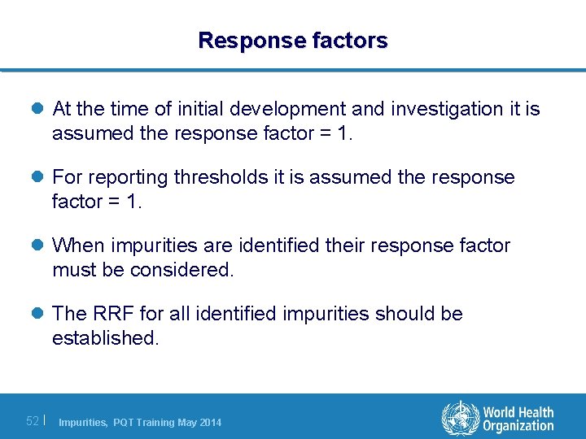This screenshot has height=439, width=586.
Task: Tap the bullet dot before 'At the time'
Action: (x=39, y=109)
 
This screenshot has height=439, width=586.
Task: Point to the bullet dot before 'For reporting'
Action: (x=39, y=177)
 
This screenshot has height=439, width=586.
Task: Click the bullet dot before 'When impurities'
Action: (x=39, y=246)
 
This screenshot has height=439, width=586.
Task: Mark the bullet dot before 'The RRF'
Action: (x=39, y=314)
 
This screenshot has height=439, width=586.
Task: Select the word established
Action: (x=105, y=338)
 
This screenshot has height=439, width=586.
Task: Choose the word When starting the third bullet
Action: (x=80, y=246)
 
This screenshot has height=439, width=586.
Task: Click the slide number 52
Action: (x=33, y=421)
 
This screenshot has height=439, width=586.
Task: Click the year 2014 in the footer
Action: (x=209, y=422)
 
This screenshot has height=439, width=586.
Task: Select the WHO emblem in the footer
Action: (x=460, y=418)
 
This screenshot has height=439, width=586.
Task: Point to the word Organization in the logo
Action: (x=518, y=426)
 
